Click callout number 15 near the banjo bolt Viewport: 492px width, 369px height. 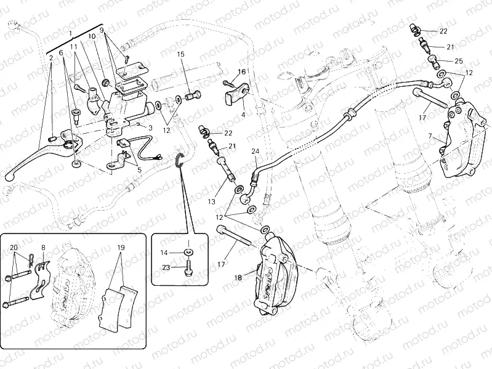(x=181, y=55)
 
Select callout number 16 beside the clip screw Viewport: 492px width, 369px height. (x=242, y=72)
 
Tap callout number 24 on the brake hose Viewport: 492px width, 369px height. (x=256, y=151)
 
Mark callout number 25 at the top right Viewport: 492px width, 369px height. (x=458, y=61)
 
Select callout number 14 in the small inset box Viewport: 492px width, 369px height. (x=164, y=253)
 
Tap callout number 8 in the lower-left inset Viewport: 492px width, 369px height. (x=43, y=248)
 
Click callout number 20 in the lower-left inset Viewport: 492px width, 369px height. (x=14, y=248)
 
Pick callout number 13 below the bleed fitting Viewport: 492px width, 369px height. (x=211, y=201)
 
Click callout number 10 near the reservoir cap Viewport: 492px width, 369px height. (x=92, y=37)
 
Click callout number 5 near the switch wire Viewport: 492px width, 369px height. (x=139, y=170)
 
